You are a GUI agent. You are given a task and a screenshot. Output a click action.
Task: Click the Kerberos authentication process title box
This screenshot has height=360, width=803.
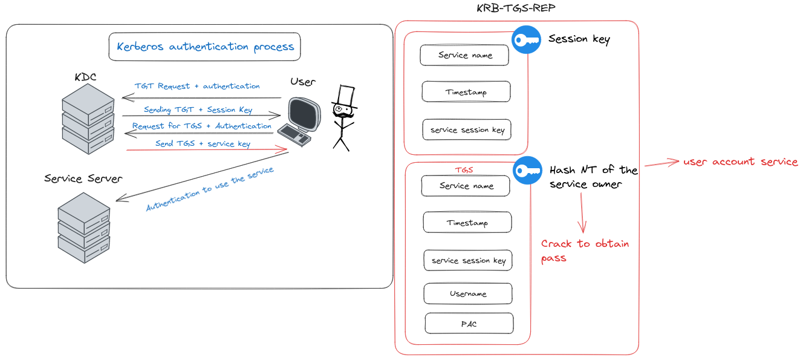tap(204, 47)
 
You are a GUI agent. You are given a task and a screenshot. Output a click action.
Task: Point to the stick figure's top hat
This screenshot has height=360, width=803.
tap(345, 97)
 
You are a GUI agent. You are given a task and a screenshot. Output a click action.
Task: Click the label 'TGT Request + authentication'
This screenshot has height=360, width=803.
tap(197, 87)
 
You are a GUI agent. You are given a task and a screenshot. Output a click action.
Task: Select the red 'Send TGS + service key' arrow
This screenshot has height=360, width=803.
tap(206, 149)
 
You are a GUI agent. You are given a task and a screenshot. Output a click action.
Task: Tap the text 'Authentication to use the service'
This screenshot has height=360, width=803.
tap(210, 189)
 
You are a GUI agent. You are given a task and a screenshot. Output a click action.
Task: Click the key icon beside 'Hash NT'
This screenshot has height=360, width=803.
tap(527, 171)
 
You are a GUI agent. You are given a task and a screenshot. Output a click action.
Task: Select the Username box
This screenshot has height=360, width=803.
tap(468, 293)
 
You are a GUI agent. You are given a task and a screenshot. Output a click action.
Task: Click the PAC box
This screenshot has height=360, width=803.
tap(469, 323)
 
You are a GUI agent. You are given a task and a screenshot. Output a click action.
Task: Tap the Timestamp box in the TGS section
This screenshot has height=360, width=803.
tap(467, 223)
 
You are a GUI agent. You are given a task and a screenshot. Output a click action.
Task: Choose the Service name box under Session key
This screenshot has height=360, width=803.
tap(464, 55)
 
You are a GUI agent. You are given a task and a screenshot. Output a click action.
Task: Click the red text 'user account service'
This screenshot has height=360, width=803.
tap(741, 162)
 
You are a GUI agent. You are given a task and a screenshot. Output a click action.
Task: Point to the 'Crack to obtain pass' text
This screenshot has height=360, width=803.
tap(585, 250)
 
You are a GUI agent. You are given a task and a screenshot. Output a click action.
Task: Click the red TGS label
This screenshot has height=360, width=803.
tap(464, 171)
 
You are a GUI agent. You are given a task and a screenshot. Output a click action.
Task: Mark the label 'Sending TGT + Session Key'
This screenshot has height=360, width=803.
tap(198, 110)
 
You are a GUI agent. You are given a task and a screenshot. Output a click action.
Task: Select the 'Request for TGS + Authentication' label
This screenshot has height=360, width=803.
tap(202, 126)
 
